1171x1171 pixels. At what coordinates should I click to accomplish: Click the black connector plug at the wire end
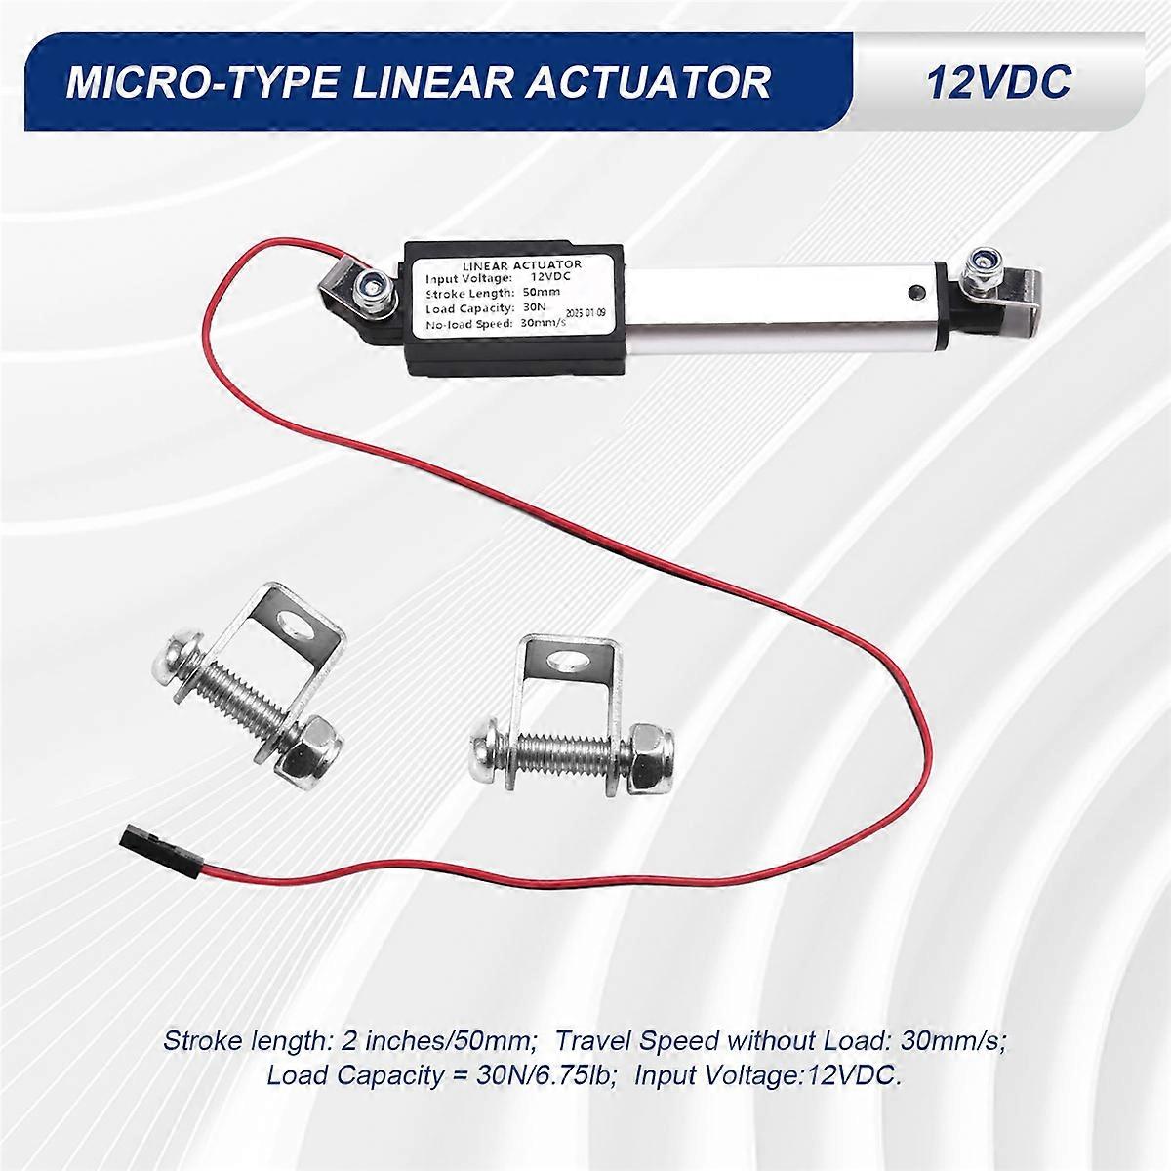139,836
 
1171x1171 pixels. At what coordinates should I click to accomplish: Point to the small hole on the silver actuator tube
915,291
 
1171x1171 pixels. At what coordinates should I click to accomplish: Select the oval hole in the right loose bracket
568,663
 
